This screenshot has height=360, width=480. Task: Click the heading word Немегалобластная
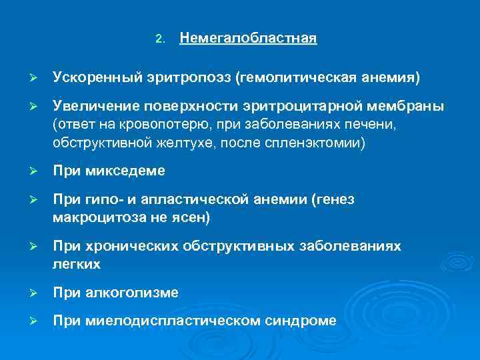point(248,38)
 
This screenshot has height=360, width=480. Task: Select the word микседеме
point(125,171)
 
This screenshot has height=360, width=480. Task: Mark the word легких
point(76,264)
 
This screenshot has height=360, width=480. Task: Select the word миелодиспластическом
point(167,321)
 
